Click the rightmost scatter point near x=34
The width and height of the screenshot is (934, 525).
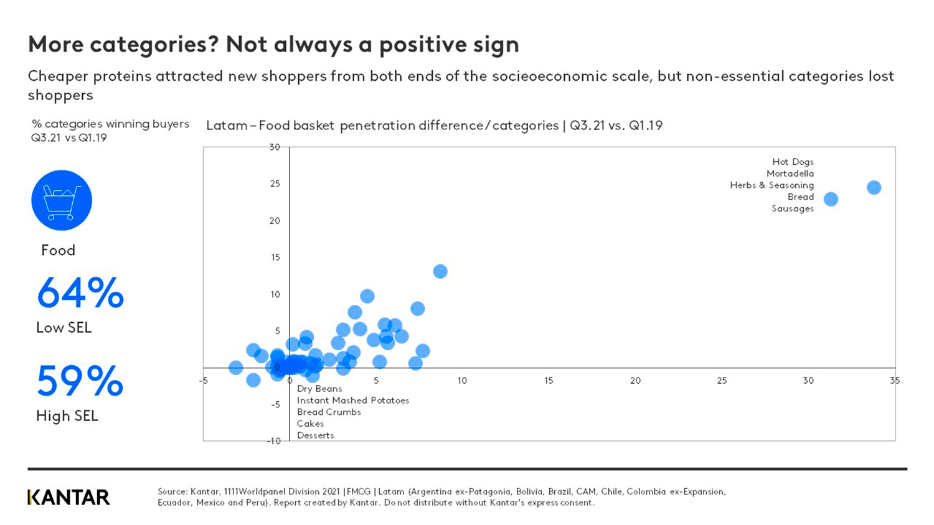coord(874,187)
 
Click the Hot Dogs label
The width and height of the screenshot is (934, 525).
coord(793,162)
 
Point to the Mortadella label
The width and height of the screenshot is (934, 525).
coord(790,174)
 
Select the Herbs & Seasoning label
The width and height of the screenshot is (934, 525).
coord(771,185)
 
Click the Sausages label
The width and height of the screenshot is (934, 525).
coord(792,208)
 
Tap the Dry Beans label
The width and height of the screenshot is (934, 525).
coord(319,389)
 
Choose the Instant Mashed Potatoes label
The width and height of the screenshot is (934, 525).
coord(352,401)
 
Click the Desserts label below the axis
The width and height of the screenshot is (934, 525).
coord(315,435)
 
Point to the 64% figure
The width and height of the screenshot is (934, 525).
coord(80,293)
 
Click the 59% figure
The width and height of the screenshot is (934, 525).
coord(80,381)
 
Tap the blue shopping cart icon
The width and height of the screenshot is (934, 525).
coord(62,200)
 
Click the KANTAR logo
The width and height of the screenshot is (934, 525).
coord(68,497)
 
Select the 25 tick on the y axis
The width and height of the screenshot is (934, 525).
coord(275,184)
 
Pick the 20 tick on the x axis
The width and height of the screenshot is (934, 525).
coord(635,381)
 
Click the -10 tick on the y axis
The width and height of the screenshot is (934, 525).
coord(274,441)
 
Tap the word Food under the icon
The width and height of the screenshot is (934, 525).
coord(58,251)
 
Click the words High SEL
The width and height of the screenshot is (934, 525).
coord(67,416)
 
